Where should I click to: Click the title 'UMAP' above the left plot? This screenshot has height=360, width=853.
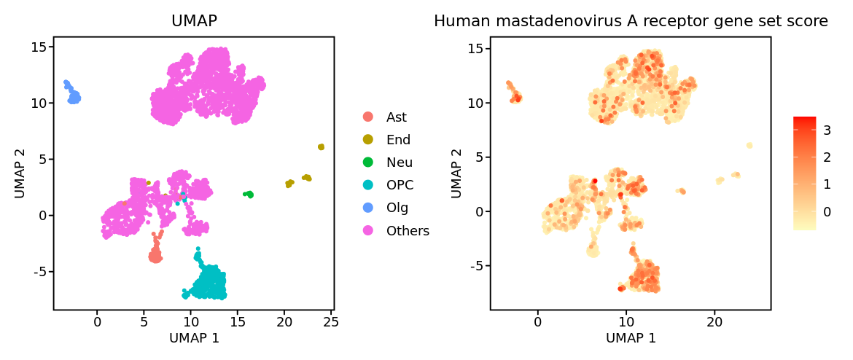194,21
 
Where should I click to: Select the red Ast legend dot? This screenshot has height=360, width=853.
368,117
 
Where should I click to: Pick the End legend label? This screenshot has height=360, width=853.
398,140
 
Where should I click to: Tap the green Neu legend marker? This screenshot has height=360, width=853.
368,163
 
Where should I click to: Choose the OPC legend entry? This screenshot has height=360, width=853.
398,185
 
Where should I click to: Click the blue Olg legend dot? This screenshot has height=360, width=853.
368,208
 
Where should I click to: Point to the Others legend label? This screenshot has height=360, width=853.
408,231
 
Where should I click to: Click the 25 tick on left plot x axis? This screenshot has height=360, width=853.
330,321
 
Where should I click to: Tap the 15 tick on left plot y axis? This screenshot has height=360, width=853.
39,47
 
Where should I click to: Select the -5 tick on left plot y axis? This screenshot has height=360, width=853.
39,271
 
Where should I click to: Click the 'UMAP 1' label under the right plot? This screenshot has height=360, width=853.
631,338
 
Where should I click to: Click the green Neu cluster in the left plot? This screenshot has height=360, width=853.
249,195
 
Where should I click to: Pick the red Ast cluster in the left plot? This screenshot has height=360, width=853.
155,256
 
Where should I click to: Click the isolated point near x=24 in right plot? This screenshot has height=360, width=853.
749,146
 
